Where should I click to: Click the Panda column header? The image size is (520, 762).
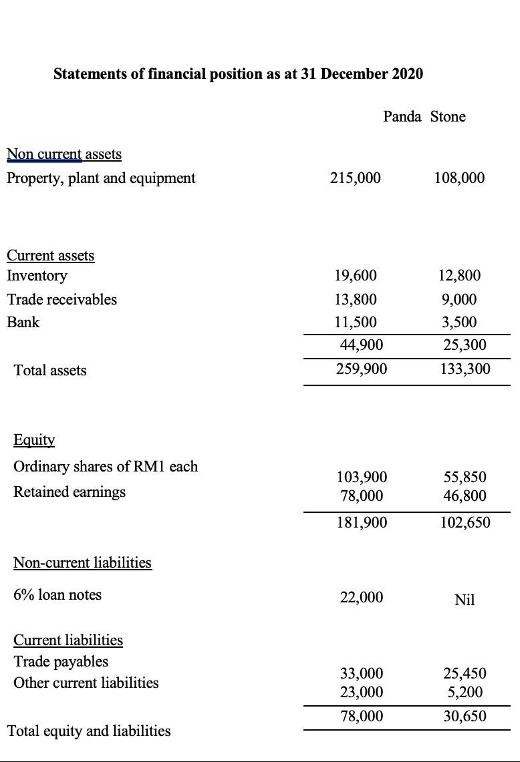click(x=402, y=117)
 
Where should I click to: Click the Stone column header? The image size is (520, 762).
click(x=448, y=117)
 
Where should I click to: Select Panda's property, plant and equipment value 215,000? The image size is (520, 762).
click(x=356, y=178)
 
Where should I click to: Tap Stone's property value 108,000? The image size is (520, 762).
click(x=459, y=178)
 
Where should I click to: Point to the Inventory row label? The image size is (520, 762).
click(x=37, y=276)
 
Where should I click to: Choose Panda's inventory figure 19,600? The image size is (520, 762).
click(x=355, y=276)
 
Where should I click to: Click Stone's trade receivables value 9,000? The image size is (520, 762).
click(x=459, y=299)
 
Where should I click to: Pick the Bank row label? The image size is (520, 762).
click(x=23, y=322)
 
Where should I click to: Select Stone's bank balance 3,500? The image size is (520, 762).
click(x=459, y=322)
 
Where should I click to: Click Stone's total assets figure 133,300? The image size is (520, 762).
click(x=465, y=369)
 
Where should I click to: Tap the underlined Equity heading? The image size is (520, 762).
click(x=34, y=440)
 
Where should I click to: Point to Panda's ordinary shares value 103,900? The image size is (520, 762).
click(x=361, y=477)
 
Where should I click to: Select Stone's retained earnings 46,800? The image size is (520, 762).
click(x=465, y=496)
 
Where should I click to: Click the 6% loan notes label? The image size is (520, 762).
click(x=57, y=594)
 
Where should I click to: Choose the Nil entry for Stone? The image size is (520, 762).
click(x=465, y=600)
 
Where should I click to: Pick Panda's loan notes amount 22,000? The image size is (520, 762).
click(x=361, y=597)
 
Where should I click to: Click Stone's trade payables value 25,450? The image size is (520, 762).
click(x=465, y=673)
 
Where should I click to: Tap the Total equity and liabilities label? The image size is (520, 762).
click(x=88, y=731)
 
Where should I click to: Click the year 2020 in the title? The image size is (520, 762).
click(x=406, y=73)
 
